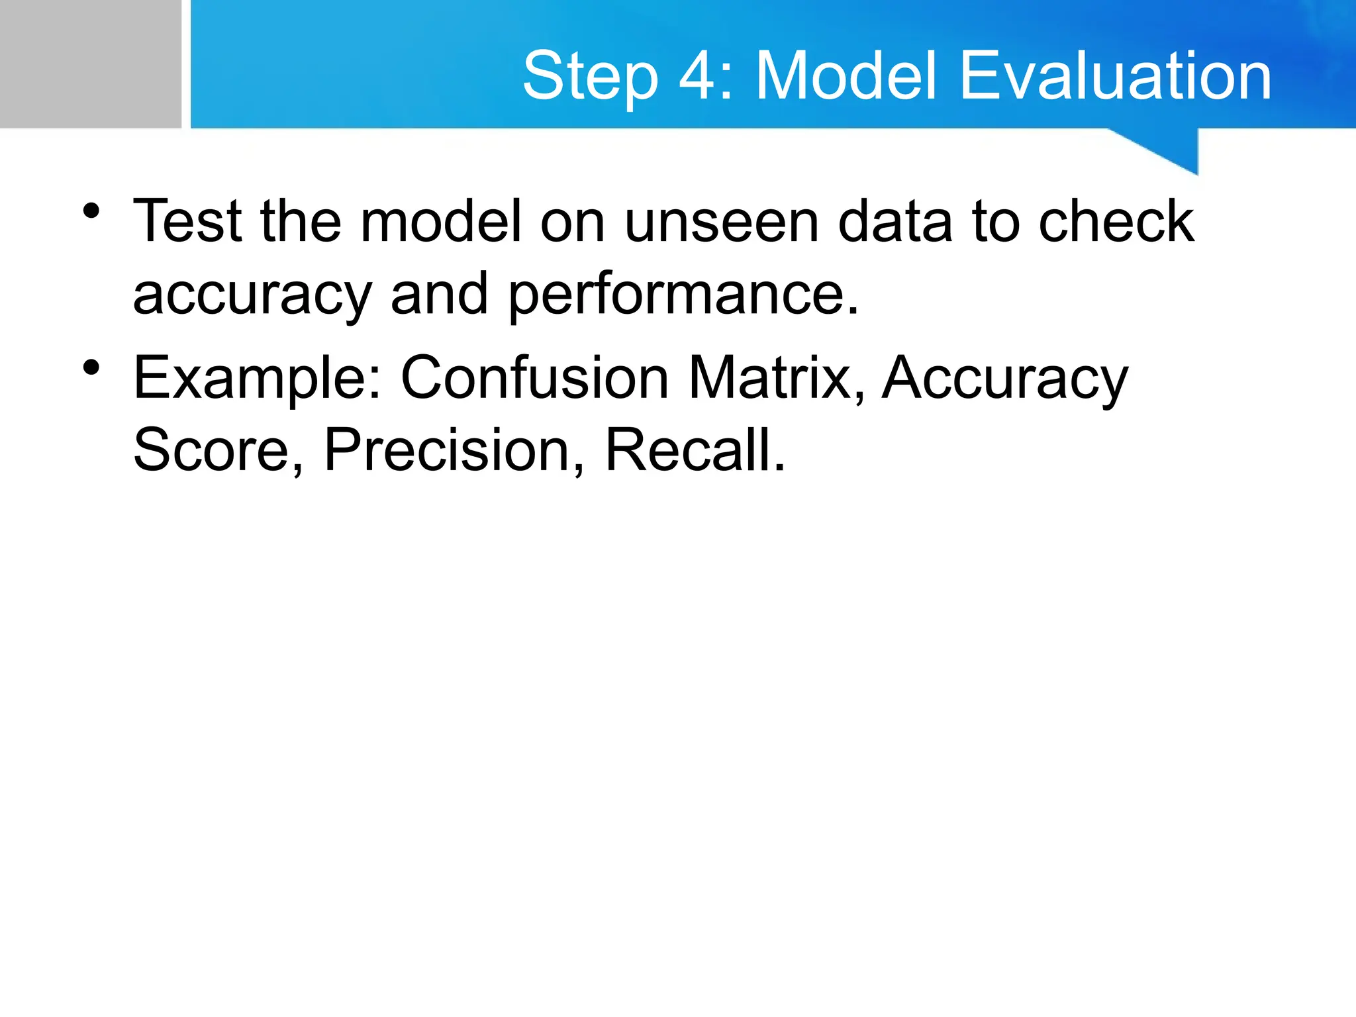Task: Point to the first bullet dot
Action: (x=91, y=211)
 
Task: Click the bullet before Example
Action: (x=91, y=367)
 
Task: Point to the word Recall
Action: (x=695, y=450)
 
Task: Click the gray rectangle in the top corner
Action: (x=90, y=64)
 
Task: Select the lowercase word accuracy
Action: (x=252, y=295)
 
